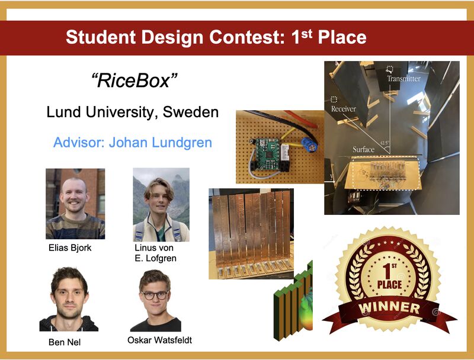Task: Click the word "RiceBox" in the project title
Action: pos(134,81)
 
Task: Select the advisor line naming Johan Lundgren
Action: pos(133,142)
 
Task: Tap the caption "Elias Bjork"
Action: pos(70,247)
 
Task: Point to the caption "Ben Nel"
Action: pos(65,342)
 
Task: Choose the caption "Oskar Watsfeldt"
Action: pos(159,340)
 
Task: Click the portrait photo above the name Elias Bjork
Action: pos(75,204)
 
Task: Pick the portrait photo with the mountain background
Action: pos(161,205)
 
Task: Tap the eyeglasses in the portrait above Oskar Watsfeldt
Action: pos(155,295)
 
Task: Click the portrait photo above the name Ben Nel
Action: pos(69,299)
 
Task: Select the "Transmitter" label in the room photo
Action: pos(404,79)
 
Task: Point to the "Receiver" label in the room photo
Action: pos(344,109)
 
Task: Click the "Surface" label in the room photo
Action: pos(363,149)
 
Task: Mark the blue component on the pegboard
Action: pos(309,145)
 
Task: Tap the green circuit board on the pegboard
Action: pos(268,154)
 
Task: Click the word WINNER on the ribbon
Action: pos(389,307)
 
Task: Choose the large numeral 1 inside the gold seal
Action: pos(387,271)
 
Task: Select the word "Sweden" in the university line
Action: pos(191,112)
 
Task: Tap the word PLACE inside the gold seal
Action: pos(389,284)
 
